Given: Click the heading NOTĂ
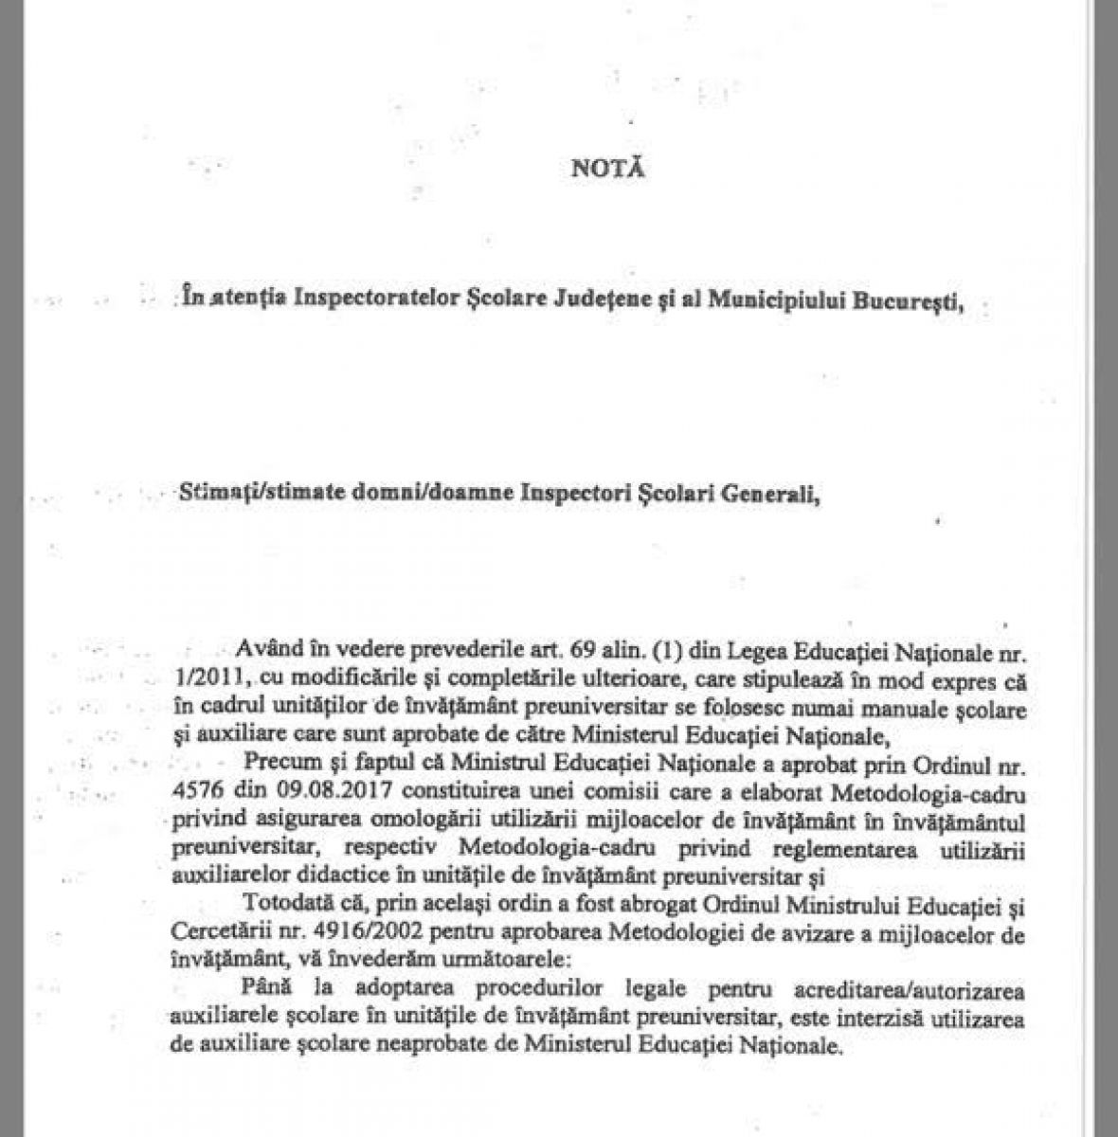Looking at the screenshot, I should (608, 170).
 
